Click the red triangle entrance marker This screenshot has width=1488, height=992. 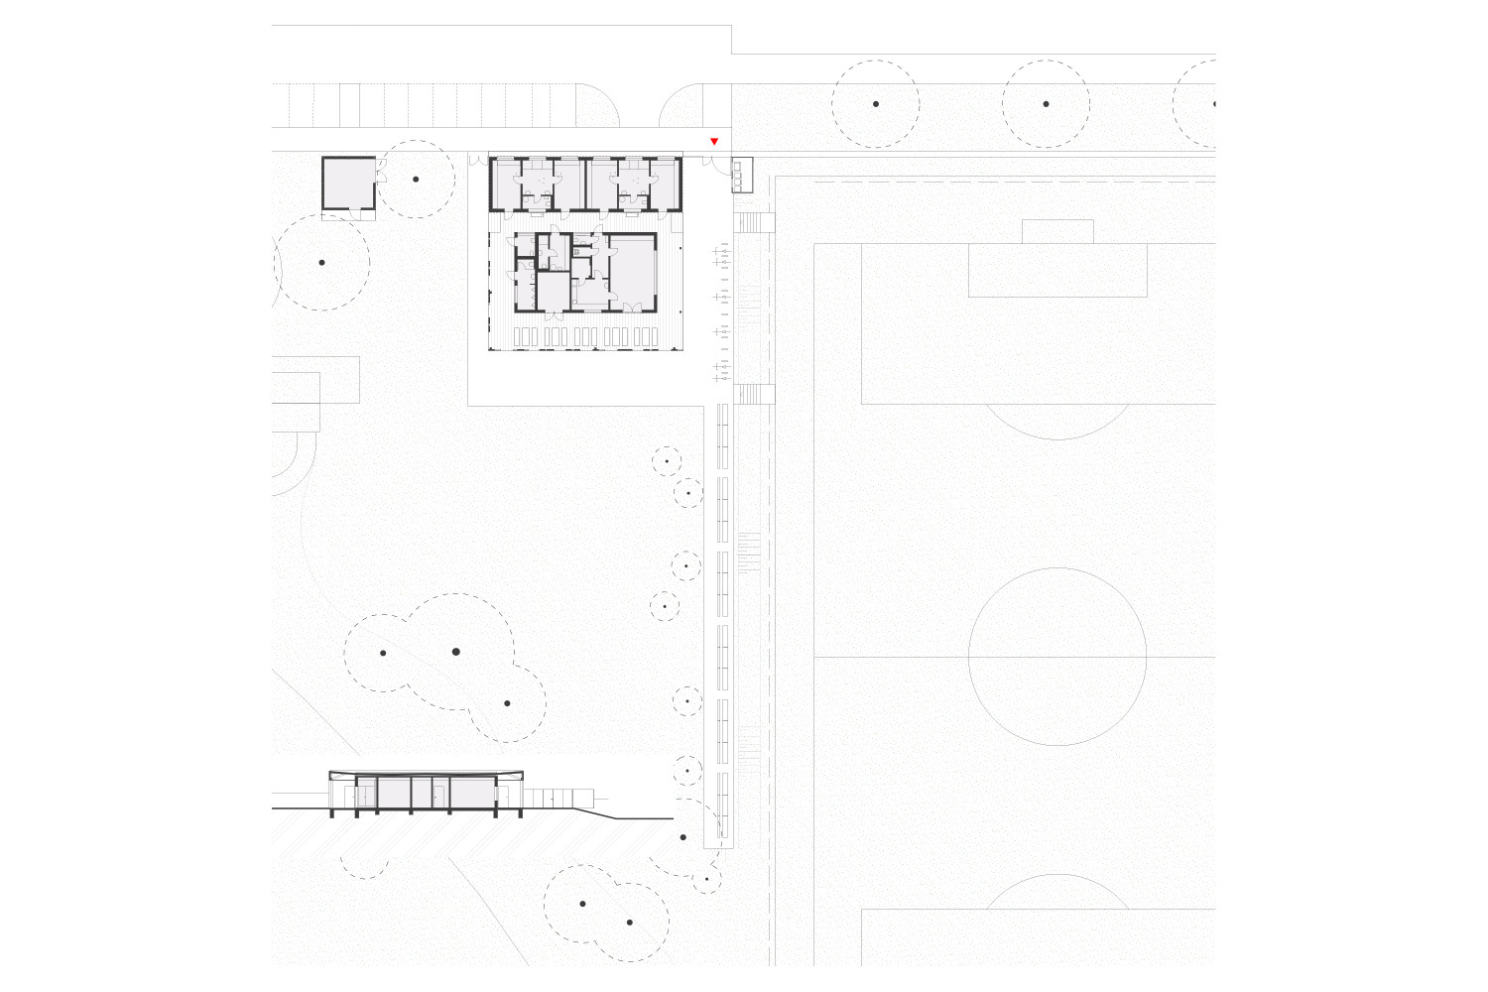pos(713,142)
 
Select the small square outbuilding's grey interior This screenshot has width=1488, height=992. pos(347,183)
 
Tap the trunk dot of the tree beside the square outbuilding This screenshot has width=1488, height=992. pos(416,180)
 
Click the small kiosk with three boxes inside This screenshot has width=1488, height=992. pos(741,175)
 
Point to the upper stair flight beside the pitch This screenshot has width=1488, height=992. pos(755,222)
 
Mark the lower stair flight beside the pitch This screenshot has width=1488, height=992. pos(755,394)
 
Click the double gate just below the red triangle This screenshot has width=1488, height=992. pos(714,165)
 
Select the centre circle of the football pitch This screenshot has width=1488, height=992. pos(1057,657)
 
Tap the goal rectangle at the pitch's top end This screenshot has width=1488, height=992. pos(1057,231)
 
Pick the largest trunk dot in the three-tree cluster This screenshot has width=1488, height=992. pos(456,652)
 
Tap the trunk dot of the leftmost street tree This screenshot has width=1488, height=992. pos(876,104)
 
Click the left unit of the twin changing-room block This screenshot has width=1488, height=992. pos(537,184)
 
